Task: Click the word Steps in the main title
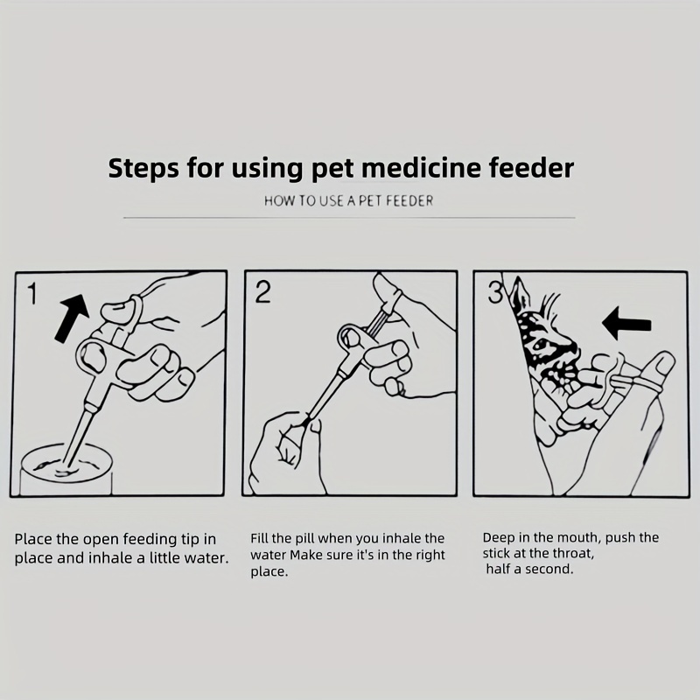coord(143,168)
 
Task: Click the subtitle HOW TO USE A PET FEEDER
coord(348,201)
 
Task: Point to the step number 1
coord(31,294)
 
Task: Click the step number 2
coord(263,292)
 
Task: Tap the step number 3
coord(495,293)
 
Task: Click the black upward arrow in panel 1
coord(72,318)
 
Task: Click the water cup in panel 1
coord(66,469)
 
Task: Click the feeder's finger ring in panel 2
coord(353,336)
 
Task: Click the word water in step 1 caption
coord(204,558)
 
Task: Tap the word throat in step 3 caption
coord(573,554)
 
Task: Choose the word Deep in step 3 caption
coord(497,538)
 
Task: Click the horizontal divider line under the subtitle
coord(349,218)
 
